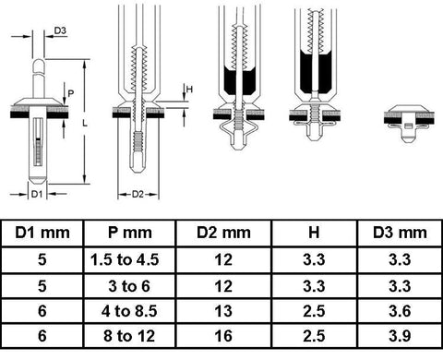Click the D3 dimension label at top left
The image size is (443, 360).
(60, 30)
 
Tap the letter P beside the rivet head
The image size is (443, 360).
(71, 93)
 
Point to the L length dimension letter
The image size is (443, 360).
(85, 124)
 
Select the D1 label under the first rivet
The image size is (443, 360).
(37, 194)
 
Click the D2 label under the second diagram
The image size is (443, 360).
(138, 194)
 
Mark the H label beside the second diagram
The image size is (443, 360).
(189, 90)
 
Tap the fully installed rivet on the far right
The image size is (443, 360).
(409, 123)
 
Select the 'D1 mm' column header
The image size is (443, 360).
(42, 233)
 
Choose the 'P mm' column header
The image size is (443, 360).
(130, 233)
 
